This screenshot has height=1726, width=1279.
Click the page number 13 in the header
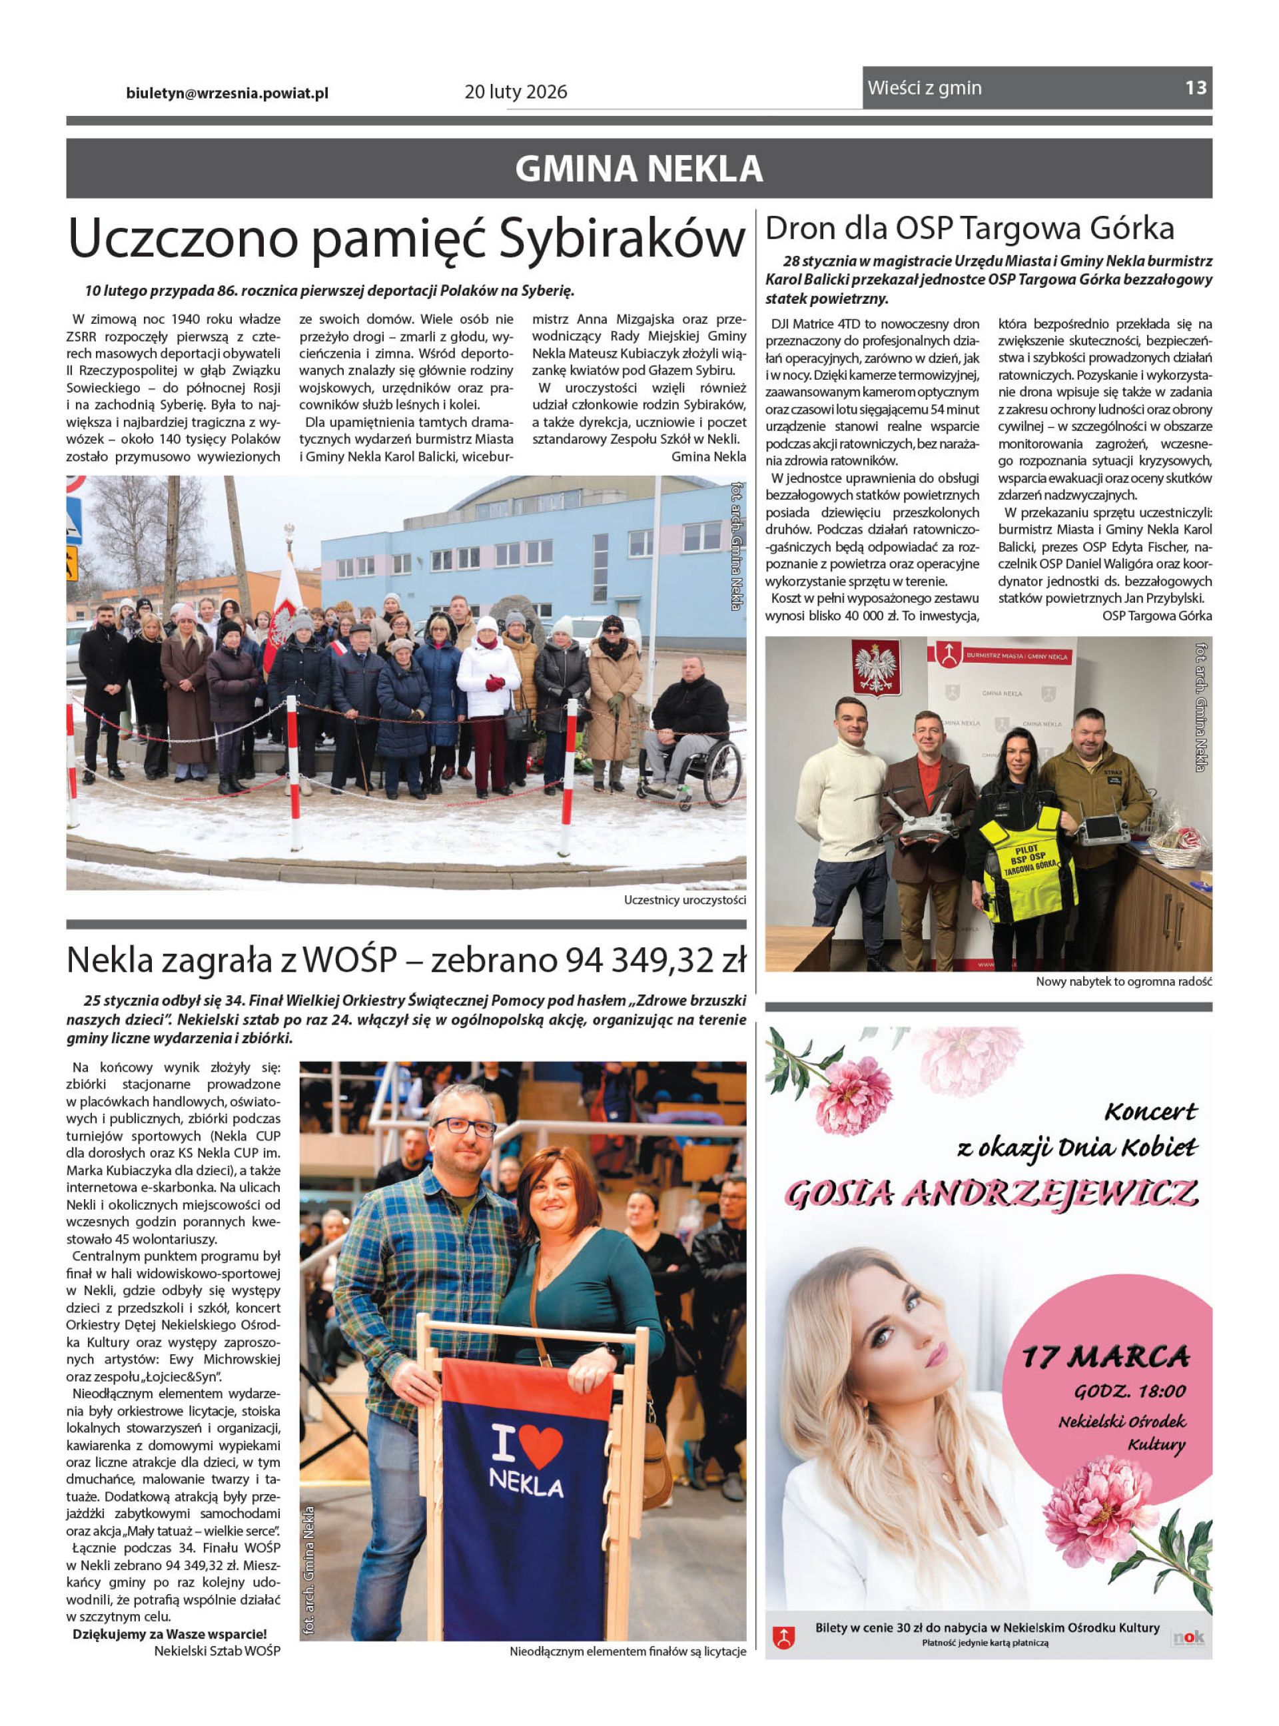1194,87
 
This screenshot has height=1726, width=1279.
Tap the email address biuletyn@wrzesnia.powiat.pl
227,93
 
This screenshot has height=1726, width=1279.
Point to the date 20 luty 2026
516,92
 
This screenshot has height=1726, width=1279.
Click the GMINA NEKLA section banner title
639,169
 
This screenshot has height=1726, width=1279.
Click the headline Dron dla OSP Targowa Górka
969,228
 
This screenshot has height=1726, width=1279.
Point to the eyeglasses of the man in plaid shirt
464,1126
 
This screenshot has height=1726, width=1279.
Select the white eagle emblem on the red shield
875,667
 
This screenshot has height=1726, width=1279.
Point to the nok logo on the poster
1188,1638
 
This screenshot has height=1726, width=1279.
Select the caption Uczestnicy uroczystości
684,900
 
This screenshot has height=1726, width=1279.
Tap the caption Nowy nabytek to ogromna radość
1123,981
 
